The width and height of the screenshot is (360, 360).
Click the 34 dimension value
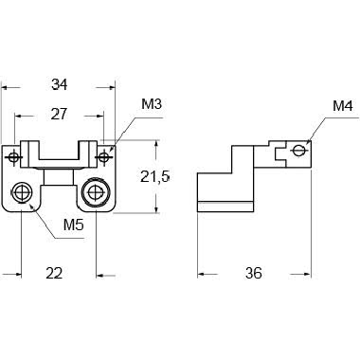click(x=60, y=84)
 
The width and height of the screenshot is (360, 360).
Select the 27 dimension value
click(x=60, y=114)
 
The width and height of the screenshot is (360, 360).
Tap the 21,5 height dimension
click(x=155, y=177)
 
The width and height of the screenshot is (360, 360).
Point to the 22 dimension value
click(x=54, y=273)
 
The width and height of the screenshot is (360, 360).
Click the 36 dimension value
click(x=254, y=273)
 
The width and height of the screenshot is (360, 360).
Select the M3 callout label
click(x=152, y=104)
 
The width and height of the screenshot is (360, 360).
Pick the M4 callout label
click(x=343, y=106)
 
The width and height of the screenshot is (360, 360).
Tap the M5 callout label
click(x=74, y=225)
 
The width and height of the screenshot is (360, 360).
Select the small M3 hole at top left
click(x=13, y=156)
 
